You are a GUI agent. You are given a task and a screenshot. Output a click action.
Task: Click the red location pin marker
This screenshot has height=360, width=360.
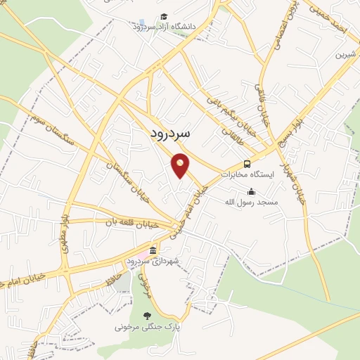point(181,165)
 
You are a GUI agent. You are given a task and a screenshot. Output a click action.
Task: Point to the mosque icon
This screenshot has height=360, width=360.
point(251,191)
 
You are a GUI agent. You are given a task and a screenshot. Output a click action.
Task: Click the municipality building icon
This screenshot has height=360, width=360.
point(153,251)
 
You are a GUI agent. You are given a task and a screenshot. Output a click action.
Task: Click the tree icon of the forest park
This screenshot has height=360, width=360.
point(146,316)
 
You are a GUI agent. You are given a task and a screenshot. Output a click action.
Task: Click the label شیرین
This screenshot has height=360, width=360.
point(342,53)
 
